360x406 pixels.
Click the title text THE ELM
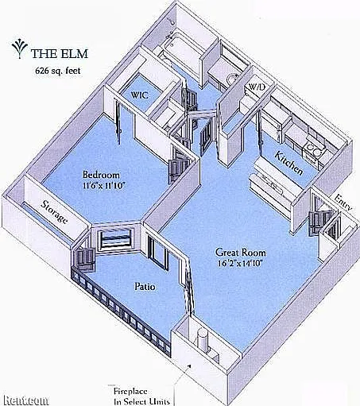[x=60, y=54]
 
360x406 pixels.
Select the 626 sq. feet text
[x=58, y=71]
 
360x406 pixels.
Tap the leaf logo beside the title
[x=19, y=49]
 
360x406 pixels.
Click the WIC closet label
[x=139, y=95]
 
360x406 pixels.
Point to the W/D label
[x=257, y=87]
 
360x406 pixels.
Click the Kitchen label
[x=288, y=163]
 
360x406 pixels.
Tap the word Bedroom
[x=101, y=175]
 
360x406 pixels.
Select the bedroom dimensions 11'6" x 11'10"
[x=103, y=186]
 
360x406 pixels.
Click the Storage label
[x=54, y=212]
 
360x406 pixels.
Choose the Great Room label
[x=241, y=253]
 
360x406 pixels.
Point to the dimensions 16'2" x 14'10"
[x=240, y=264]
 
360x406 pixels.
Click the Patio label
[x=145, y=287]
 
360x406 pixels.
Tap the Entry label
[x=343, y=203]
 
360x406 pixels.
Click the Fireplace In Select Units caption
[x=141, y=396]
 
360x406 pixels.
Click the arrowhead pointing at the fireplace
[x=189, y=366]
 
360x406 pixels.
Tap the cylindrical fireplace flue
[x=202, y=340]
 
